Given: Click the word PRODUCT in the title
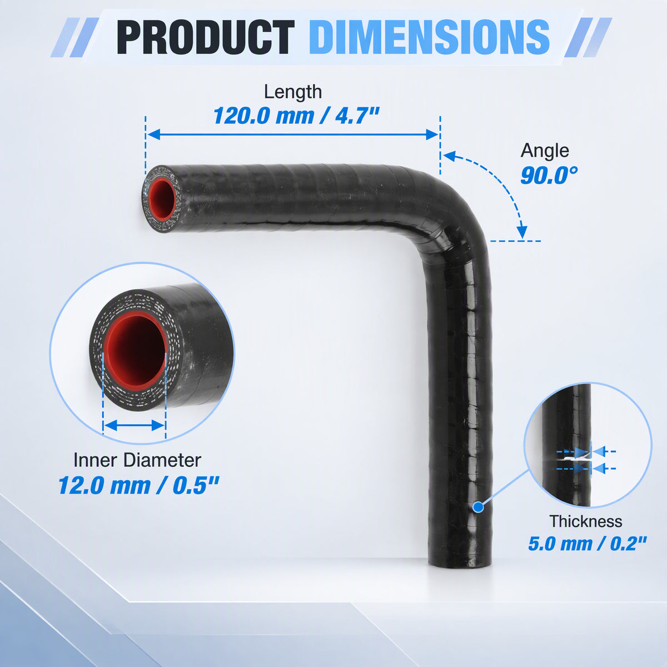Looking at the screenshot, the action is click(206, 37).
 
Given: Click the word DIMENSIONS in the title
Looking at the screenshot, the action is click(429, 37).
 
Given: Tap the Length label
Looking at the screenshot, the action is click(293, 92).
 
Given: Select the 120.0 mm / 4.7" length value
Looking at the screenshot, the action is click(296, 116).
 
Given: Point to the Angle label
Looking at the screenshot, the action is click(545, 151).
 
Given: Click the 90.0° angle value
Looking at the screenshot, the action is click(549, 176).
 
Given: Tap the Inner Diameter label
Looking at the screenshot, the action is click(137, 460).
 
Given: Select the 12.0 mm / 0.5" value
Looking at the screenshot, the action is click(138, 485).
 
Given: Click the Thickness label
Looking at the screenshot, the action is click(586, 521).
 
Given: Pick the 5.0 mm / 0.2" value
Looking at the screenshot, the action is click(587, 544).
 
